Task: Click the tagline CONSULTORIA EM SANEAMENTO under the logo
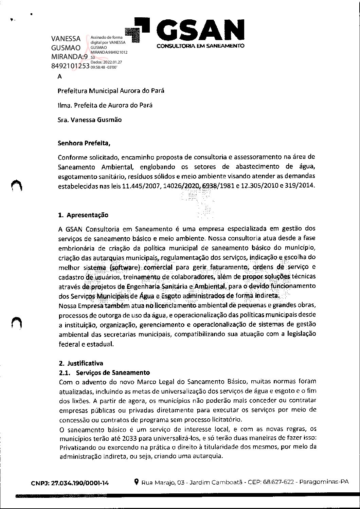click(x=200, y=46)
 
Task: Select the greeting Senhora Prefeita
click(x=84, y=143)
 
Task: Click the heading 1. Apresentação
click(x=83, y=215)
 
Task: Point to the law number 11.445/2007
click(x=140, y=186)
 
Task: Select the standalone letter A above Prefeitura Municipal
click(x=60, y=77)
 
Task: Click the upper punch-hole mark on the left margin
click(x=16, y=185)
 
